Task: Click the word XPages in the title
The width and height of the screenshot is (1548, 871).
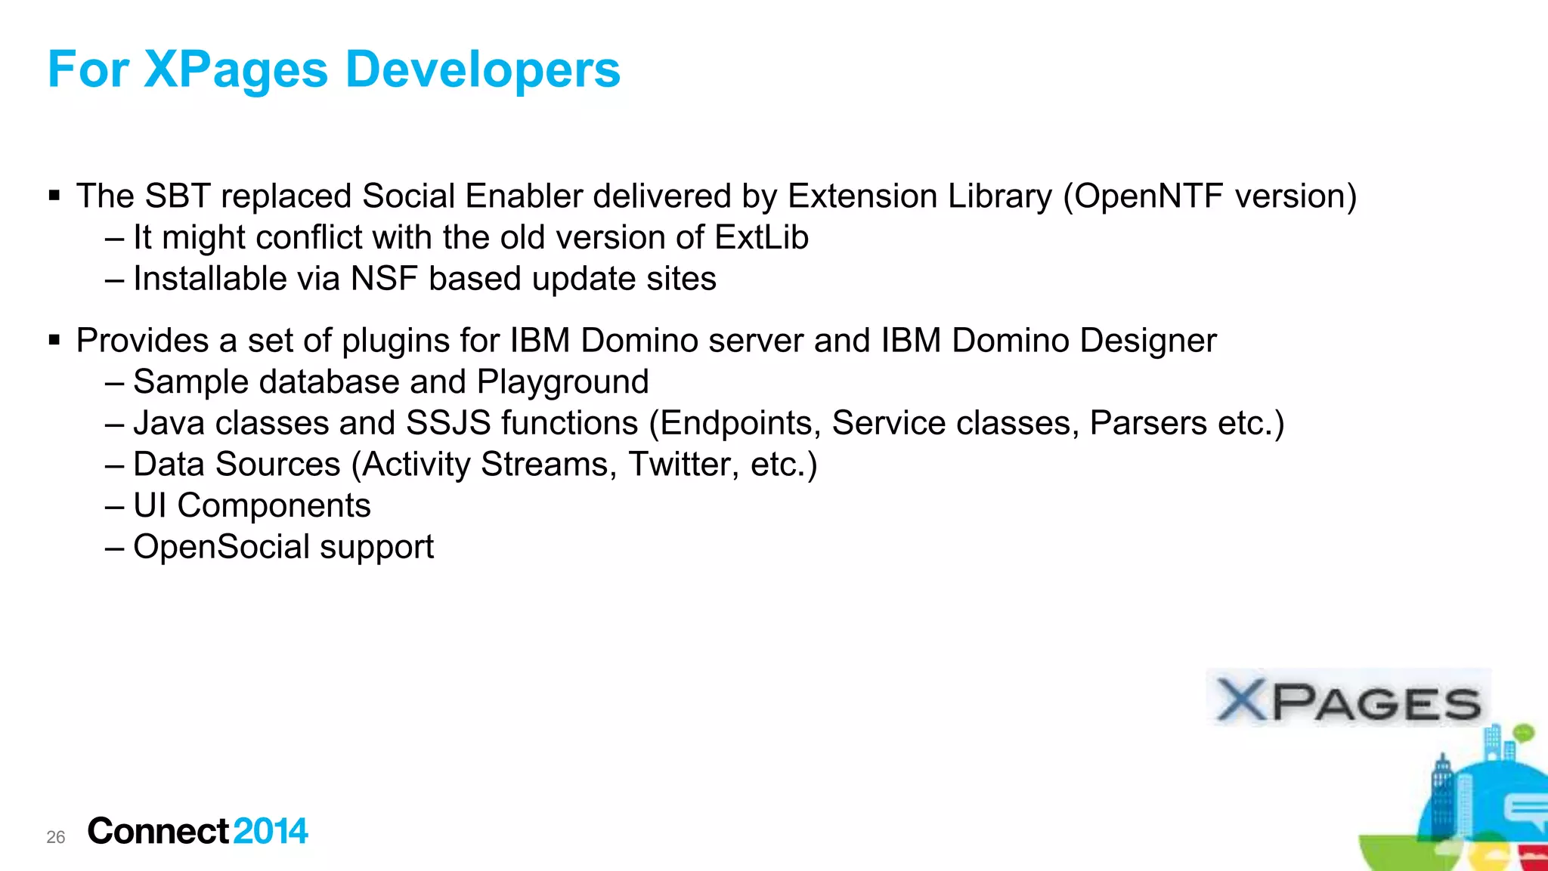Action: [x=236, y=70]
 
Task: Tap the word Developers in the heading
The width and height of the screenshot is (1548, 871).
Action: [x=482, y=70]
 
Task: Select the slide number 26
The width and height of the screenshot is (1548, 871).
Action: [x=56, y=837]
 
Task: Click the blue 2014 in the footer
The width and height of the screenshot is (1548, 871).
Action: [x=271, y=832]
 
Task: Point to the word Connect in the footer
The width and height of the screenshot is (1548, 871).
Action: [x=158, y=832]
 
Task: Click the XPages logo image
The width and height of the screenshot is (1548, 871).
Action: [x=1348, y=700]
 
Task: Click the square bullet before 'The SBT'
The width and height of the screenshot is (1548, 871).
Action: [x=54, y=196]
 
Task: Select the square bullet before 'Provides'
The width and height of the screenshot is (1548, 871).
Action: [x=54, y=341]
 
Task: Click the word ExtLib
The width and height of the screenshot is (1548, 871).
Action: [x=761, y=238]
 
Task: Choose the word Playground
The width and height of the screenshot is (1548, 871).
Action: [x=562, y=382]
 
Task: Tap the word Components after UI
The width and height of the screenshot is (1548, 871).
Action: [x=274, y=506]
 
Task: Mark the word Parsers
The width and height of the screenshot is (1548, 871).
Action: [x=1147, y=423]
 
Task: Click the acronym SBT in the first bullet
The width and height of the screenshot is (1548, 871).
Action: [x=178, y=196]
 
